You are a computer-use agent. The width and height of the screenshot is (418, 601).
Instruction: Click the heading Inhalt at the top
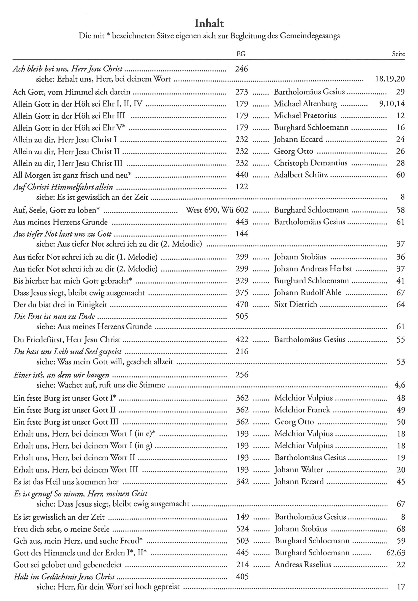209,24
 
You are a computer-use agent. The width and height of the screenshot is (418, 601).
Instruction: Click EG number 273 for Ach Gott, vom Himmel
241,92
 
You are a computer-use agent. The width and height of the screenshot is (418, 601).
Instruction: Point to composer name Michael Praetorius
305,115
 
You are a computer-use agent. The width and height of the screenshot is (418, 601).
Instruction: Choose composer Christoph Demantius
310,163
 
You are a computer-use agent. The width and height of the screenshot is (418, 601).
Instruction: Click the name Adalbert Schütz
301,175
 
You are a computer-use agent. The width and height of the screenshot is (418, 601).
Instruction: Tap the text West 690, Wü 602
217,210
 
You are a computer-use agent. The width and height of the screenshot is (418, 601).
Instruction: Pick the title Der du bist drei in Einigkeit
60,304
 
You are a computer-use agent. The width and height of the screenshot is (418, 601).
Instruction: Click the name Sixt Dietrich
295,304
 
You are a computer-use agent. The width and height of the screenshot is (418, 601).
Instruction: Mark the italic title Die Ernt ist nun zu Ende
54,316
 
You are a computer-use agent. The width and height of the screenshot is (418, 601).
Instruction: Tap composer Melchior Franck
302,410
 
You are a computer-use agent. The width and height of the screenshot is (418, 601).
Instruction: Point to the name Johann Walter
298,470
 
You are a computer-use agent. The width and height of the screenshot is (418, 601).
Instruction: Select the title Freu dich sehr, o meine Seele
61,529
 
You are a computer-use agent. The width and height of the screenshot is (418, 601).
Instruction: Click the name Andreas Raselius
303,565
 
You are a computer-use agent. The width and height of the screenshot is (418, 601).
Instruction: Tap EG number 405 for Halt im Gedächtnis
242,576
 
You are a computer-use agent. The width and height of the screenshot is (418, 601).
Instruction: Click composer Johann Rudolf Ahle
308,292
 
